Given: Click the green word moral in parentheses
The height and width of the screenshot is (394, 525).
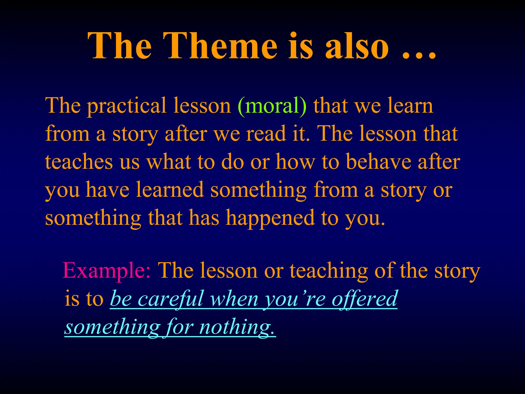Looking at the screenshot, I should pyautogui.click(x=272, y=106).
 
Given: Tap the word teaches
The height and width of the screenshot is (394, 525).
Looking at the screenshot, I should pyautogui.click(x=79, y=162).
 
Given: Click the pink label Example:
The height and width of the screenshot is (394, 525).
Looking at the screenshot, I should pyautogui.click(x=107, y=271).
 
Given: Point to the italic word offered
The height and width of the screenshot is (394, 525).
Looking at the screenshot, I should pyautogui.click(x=364, y=299).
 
